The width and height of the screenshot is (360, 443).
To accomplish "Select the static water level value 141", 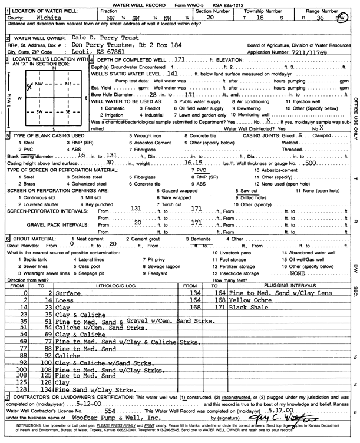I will point(171,76).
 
